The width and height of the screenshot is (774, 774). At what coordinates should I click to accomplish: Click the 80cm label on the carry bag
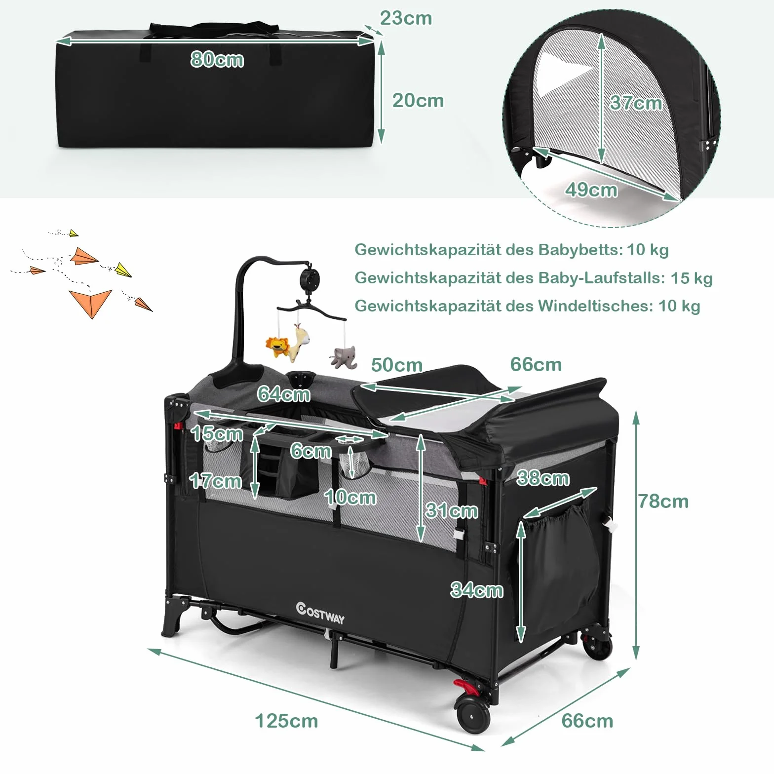point(217,59)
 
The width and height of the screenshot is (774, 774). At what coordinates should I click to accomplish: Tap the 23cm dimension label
point(406,18)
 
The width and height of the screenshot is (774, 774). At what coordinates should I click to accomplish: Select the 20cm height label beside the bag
point(418,101)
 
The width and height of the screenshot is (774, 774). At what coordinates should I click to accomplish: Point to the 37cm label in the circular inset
point(636,103)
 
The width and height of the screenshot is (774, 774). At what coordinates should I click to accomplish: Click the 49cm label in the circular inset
point(591,190)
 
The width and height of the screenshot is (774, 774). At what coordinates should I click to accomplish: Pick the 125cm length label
point(286,721)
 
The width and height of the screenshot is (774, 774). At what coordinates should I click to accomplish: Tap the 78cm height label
point(663,502)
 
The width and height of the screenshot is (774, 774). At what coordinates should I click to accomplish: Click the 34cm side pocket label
point(477,590)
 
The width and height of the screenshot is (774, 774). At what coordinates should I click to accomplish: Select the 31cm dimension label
point(452,510)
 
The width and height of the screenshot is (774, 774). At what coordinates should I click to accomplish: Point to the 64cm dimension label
point(284,394)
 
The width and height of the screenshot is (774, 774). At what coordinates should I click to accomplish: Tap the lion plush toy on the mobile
point(277,347)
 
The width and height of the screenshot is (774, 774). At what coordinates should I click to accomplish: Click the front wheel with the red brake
point(473,715)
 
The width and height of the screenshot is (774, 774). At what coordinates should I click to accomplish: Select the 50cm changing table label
point(397,365)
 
